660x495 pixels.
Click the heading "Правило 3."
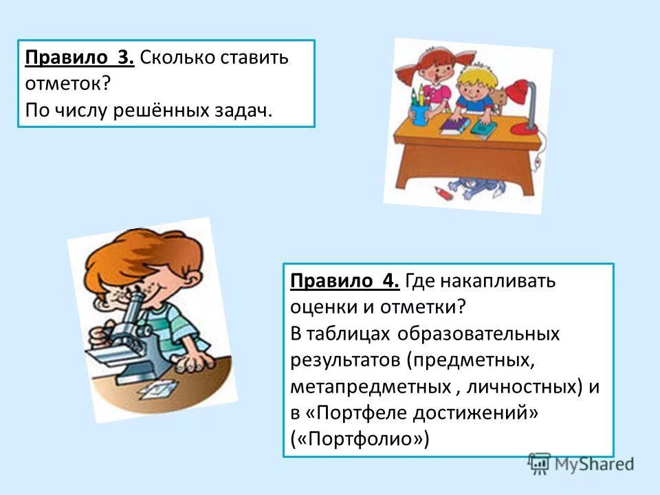click(x=79, y=58)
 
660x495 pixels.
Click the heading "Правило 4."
click(x=344, y=281)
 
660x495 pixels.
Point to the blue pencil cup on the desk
click(x=419, y=113)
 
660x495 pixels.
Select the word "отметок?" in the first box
click(x=62, y=84)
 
